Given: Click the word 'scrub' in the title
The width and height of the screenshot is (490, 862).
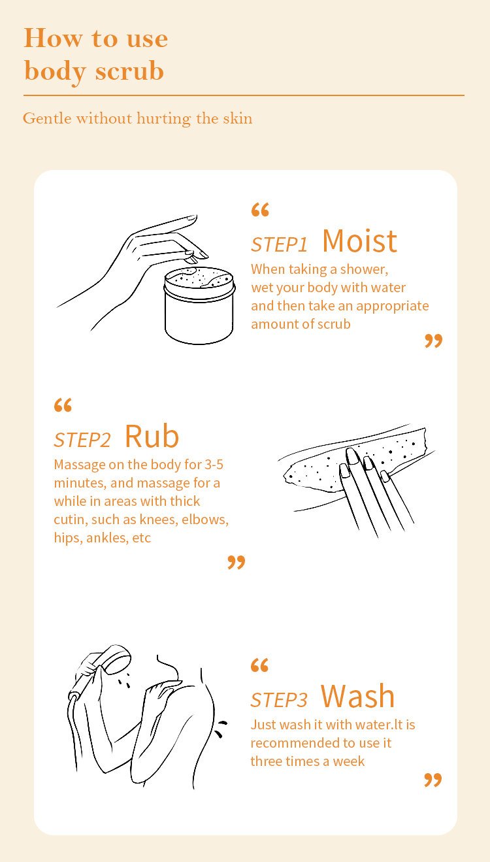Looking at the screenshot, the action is (129, 71).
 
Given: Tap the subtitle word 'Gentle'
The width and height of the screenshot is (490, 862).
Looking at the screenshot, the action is (47, 118).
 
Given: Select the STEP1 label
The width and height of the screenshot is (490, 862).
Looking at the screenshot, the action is (279, 244).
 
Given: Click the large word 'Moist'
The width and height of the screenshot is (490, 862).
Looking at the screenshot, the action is (359, 241).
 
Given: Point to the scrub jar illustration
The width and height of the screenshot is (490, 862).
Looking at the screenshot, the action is (199, 305).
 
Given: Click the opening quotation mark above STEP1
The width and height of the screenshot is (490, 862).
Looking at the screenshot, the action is (260, 210).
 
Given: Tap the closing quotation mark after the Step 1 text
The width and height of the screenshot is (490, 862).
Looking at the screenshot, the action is (433, 341).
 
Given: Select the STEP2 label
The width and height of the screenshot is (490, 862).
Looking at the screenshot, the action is (82, 440).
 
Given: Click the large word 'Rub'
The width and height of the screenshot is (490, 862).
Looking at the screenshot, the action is (152, 437).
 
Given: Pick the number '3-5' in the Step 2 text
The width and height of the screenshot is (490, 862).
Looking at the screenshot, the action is (214, 465).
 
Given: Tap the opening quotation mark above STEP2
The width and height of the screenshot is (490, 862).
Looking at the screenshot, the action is (63, 405).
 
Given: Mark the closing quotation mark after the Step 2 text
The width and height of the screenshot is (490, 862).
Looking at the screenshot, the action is (236, 562).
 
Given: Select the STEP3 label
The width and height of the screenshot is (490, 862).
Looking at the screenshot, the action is (279, 700).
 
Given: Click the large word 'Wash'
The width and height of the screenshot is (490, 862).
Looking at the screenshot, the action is (357, 697).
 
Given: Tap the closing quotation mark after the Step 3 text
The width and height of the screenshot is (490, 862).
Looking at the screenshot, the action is (433, 780).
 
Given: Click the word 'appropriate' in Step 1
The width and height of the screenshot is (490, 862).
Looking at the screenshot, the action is (392, 307).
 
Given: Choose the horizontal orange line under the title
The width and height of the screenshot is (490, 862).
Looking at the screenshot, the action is (244, 95).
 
